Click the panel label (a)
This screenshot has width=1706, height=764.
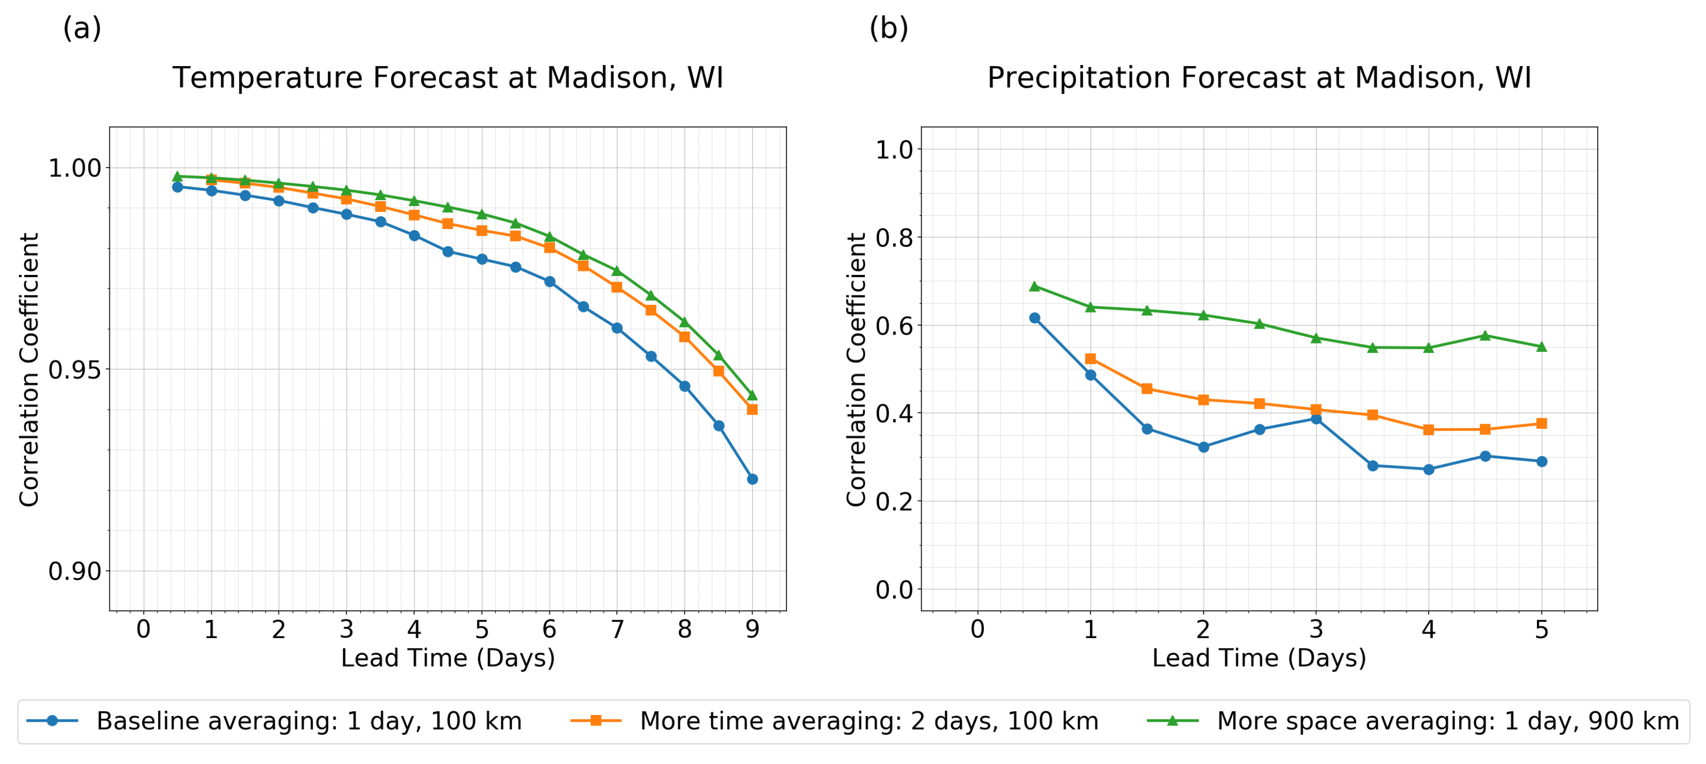82,28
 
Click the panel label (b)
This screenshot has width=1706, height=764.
888,28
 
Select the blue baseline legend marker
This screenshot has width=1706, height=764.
53,720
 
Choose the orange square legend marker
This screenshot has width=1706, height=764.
595,720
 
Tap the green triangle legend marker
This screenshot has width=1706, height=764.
1172,720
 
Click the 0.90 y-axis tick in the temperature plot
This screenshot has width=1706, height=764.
75,571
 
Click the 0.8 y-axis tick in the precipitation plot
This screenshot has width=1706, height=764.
894,237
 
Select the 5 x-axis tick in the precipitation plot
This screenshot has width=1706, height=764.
1541,629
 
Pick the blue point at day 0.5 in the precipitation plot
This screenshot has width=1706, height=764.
1034,318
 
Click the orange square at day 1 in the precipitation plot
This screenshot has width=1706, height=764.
1091,359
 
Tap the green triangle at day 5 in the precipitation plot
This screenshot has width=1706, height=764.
1541,347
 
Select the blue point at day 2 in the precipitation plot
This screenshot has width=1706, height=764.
1203,447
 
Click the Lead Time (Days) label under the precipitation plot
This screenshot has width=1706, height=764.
1259,658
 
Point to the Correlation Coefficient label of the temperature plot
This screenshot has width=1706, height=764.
29,370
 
